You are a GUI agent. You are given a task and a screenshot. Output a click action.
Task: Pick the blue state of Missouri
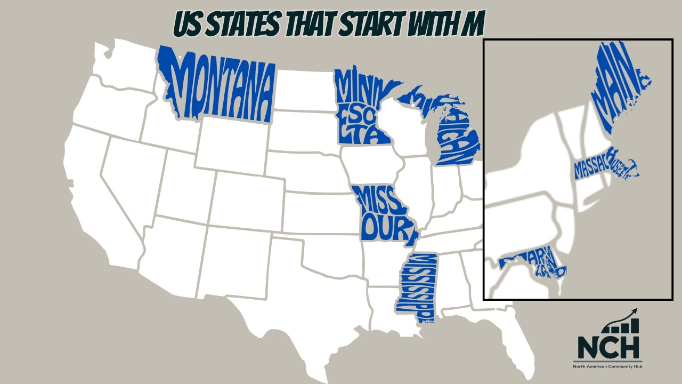pos(384,213)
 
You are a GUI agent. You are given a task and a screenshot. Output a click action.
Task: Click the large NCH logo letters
pos(608,347)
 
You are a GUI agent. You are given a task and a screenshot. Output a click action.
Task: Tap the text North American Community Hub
pos(608,367)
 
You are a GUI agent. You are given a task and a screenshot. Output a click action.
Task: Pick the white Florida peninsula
pos(519,341)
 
